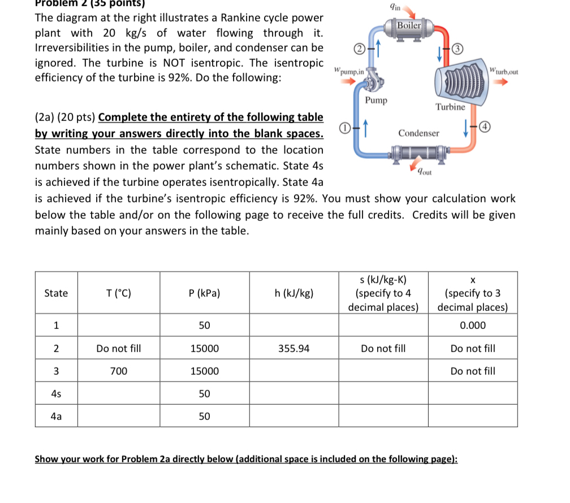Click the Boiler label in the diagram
click(409, 25)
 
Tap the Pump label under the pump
click(375, 100)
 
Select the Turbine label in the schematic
click(450, 107)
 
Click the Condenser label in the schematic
click(418, 133)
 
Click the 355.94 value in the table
click(294, 349)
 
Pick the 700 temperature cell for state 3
click(119, 371)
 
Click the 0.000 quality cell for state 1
click(473, 326)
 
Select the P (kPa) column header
click(205, 293)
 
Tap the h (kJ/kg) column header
click(294, 293)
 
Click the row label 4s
click(56, 393)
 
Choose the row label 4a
click(56, 417)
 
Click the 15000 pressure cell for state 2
click(205, 349)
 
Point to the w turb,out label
click(504, 72)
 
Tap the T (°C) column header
click(119, 293)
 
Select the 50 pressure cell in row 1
click(205, 326)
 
